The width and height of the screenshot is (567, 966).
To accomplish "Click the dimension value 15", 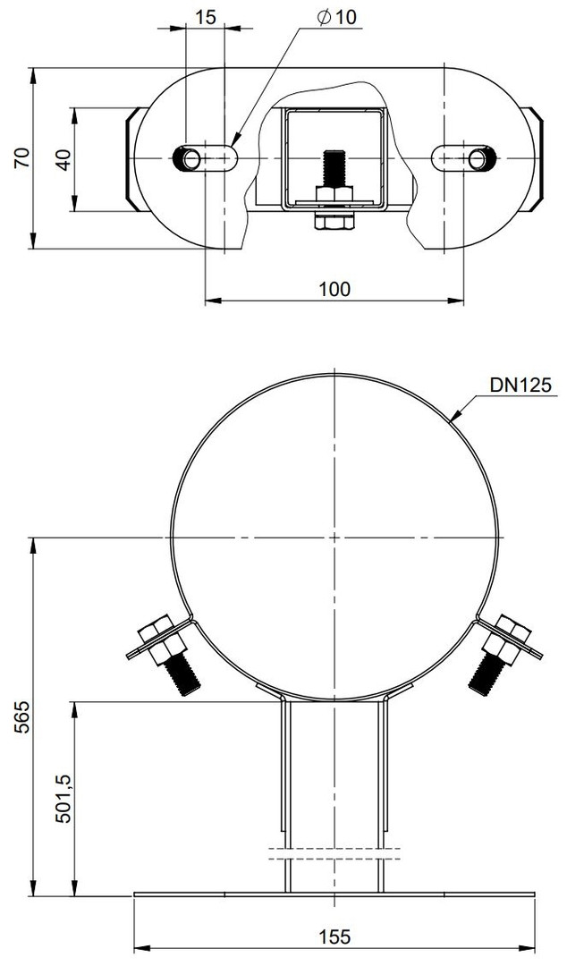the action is [x=207, y=17].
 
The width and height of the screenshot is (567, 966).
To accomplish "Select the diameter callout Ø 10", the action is [x=337, y=17].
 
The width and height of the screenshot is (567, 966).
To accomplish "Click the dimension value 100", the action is [x=334, y=288].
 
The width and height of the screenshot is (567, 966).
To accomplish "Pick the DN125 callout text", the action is [x=521, y=385].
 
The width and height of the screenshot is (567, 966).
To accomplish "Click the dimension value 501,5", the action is [x=65, y=799].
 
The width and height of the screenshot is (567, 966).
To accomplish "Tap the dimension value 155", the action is [x=335, y=937].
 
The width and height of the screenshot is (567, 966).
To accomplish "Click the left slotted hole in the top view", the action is [x=205, y=159].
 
